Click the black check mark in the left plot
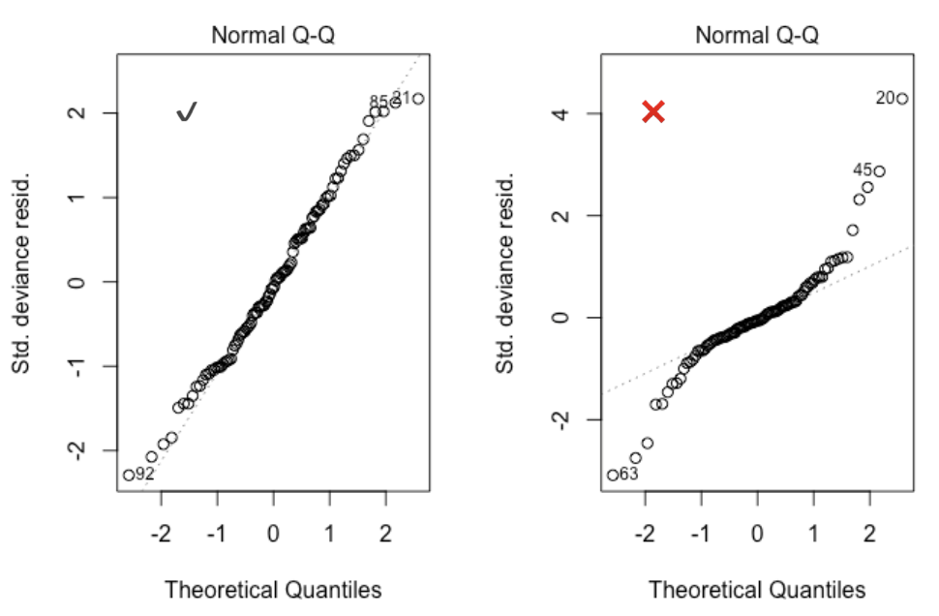[187, 112]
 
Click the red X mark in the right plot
[653, 111]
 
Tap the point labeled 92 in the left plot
[129, 475]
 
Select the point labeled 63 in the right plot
[613, 475]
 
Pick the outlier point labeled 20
[901, 98]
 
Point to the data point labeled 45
[879, 171]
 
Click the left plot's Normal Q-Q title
[273, 36]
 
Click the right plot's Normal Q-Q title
[757, 36]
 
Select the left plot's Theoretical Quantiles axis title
[273, 588]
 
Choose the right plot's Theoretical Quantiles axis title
[757, 588]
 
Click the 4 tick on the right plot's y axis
[559, 113]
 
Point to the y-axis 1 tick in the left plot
[75, 198]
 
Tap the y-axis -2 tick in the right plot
[557, 419]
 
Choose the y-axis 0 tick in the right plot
[559, 318]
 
